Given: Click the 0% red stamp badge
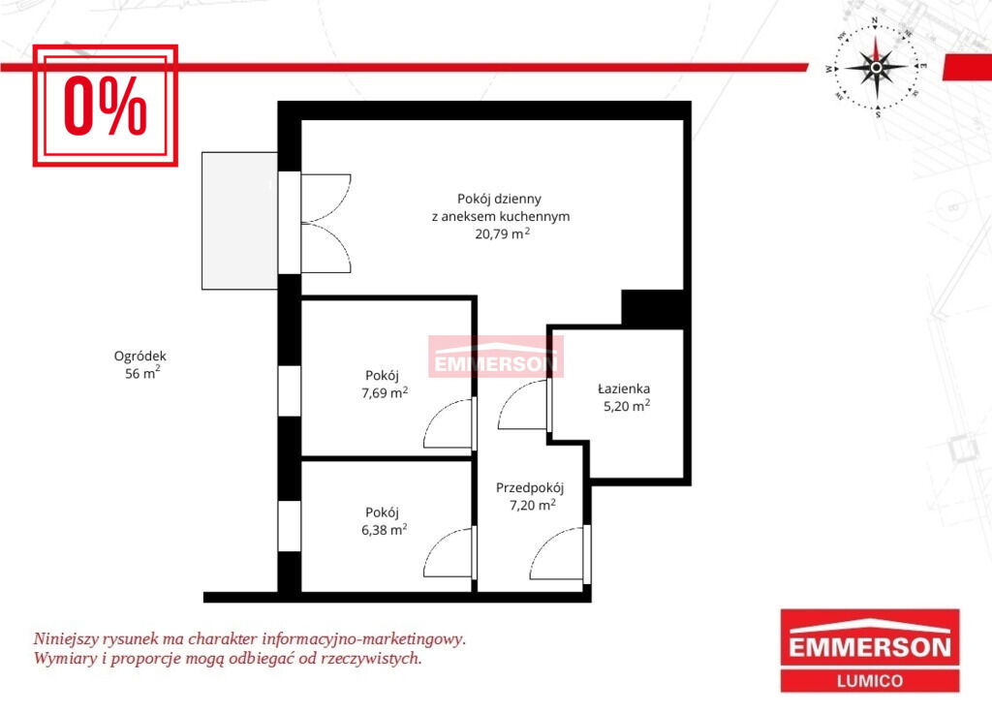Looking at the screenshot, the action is point(105,106).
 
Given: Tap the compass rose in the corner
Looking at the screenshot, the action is point(876,67).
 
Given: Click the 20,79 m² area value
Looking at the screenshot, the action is point(503,233).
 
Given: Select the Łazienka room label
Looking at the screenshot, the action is point(624,388).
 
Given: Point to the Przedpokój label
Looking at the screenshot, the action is point(530,488).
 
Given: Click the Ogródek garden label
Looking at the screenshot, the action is point(139,357).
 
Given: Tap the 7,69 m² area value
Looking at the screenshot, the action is point(385,392).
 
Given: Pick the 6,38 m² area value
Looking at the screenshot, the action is point(384,530).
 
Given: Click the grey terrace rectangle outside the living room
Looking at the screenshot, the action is point(240,221).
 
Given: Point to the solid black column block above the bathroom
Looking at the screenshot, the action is point(654,309).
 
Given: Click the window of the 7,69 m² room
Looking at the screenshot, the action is point(290,390).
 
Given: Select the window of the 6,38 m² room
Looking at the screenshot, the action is point(290,526).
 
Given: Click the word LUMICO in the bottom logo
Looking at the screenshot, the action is point(870,681).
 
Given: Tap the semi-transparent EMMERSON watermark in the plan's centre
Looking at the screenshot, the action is point(496,357).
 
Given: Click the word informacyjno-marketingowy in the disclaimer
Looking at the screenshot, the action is point(364,638).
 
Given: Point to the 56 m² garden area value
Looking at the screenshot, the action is point(142,373).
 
